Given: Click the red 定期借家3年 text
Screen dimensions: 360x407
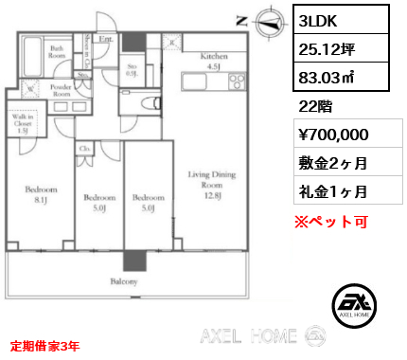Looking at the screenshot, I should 44,345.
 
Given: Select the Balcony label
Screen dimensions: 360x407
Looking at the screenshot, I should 123,282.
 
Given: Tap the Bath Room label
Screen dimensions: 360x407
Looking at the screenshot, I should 57,50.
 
